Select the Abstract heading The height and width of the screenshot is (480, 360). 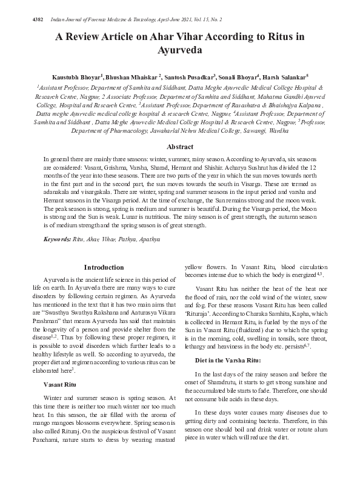[180, 147]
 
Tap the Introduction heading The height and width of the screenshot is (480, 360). [104, 267]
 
